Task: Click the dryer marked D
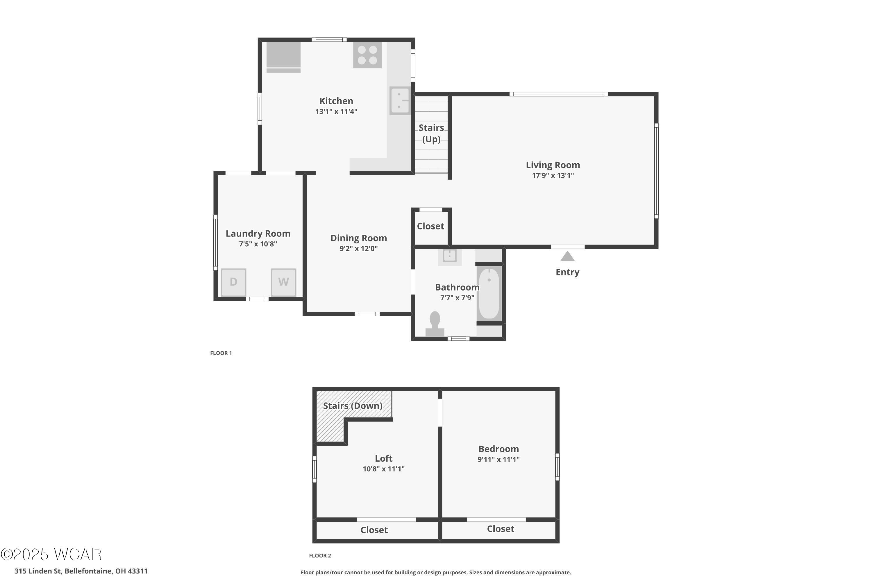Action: tap(234, 282)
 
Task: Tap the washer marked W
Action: tap(284, 282)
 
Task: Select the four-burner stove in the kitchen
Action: tap(367, 55)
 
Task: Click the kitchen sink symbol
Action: tap(400, 101)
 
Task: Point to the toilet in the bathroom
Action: tap(435, 324)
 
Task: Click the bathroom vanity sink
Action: tap(450, 256)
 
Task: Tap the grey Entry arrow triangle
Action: tap(567, 257)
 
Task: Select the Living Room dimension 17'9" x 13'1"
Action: tap(553, 176)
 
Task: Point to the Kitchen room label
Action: tap(336, 101)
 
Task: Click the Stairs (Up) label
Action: tap(431, 133)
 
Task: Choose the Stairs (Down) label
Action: tap(353, 406)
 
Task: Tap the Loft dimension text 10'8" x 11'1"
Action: tap(383, 469)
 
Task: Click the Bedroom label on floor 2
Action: tap(499, 449)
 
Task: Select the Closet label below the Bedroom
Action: tap(501, 529)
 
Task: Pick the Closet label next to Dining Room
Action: tap(430, 226)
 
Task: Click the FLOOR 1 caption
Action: tap(221, 353)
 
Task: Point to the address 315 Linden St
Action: tap(38, 571)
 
